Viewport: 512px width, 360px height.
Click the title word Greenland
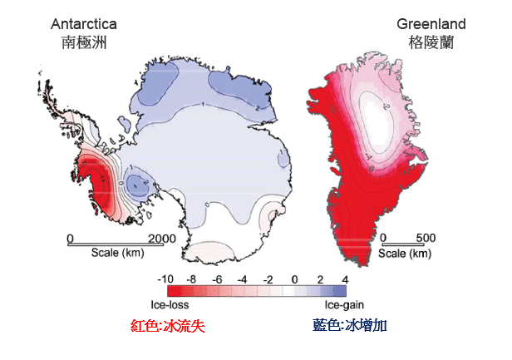(431, 24)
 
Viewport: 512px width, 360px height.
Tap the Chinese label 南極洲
(84, 42)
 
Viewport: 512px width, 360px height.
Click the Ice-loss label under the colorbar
(170, 305)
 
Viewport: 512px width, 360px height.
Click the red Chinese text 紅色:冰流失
(169, 326)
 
